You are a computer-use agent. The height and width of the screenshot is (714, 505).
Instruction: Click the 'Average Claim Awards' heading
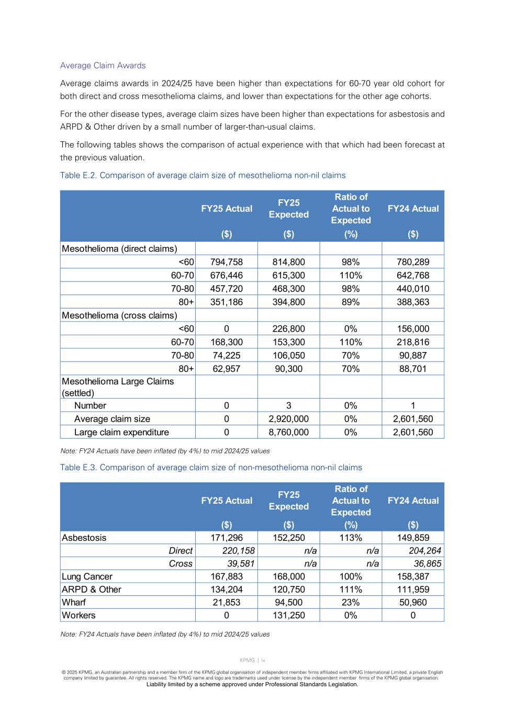103,65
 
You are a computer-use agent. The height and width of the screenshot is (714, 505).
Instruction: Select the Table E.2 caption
203,175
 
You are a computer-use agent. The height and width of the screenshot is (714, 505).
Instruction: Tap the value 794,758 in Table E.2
226,262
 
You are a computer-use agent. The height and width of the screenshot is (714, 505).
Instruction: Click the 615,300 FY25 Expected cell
288,275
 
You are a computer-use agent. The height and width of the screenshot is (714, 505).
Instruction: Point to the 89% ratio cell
351,302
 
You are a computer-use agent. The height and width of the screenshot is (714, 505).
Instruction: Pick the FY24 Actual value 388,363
413,302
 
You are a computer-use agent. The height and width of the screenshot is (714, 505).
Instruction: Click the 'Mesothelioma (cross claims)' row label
119,315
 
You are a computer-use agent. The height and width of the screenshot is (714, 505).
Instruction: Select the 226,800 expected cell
288,328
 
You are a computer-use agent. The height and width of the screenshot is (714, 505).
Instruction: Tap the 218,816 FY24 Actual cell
413,342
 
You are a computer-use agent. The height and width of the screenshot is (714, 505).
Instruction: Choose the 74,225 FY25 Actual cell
226,355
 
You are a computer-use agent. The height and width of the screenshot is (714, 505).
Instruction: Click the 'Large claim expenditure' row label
121,432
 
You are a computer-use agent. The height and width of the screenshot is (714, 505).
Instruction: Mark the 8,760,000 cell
288,432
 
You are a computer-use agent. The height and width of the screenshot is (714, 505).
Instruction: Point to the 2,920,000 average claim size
288,419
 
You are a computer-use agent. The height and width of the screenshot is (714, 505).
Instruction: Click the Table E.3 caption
211,467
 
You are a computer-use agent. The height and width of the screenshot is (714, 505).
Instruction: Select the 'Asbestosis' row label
84,538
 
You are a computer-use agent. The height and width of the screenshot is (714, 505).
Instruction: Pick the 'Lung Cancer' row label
87,576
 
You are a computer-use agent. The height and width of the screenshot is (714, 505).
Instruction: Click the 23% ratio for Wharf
351,603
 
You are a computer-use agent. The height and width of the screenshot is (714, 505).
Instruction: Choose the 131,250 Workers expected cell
288,616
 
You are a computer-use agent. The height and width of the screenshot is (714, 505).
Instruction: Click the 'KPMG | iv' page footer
252,661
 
